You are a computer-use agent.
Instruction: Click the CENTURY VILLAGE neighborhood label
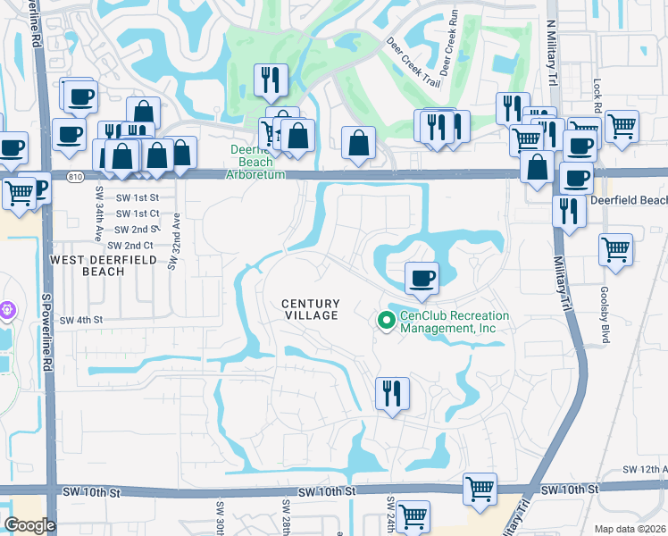(311, 309)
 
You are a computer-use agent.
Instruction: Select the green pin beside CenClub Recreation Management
(387, 319)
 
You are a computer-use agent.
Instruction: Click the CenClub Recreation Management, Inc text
(454, 322)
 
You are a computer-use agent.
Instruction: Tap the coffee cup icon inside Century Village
(422, 277)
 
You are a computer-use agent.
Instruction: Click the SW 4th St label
(81, 320)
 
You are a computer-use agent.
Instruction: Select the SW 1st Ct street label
(133, 214)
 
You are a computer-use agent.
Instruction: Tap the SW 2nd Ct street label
(129, 246)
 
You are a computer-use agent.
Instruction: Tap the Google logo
(29, 525)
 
